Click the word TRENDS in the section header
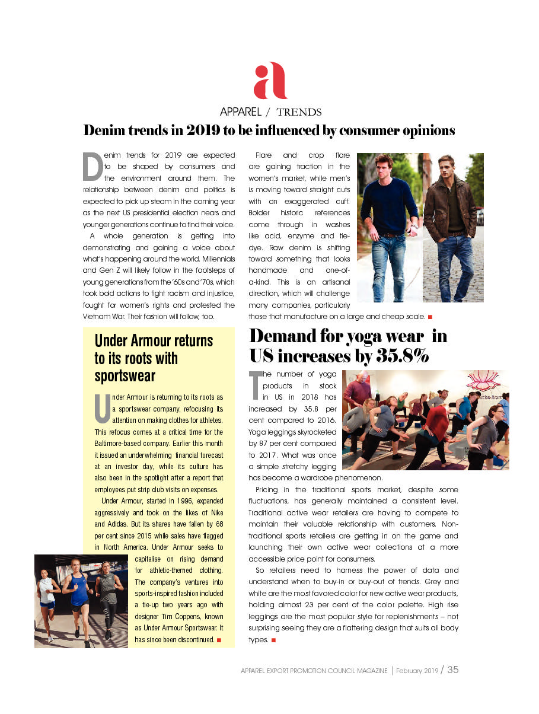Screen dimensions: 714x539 299,112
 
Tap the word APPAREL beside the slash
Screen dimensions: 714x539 241,112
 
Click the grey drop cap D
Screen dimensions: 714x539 92,167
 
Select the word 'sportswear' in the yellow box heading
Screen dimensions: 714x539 125,376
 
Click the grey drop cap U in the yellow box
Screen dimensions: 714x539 101,409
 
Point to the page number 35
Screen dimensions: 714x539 453,670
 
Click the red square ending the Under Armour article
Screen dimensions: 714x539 219,640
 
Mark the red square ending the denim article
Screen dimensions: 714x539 429,317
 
